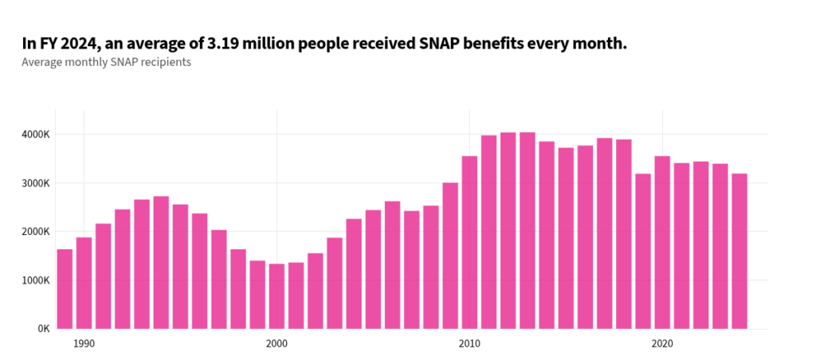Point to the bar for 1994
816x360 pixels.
(x=161, y=262)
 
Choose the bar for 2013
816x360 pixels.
(x=528, y=230)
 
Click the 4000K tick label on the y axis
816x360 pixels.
(x=36, y=134)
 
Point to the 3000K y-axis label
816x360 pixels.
(x=36, y=183)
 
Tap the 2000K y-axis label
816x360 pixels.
(x=36, y=232)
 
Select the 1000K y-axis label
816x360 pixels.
(x=36, y=280)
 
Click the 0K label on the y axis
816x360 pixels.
(x=43, y=329)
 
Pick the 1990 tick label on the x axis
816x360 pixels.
(x=84, y=343)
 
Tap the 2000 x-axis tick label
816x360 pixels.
(x=277, y=343)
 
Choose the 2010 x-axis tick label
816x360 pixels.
(x=469, y=343)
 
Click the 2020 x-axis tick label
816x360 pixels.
(x=662, y=343)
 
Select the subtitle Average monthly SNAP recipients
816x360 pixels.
(x=106, y=62)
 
